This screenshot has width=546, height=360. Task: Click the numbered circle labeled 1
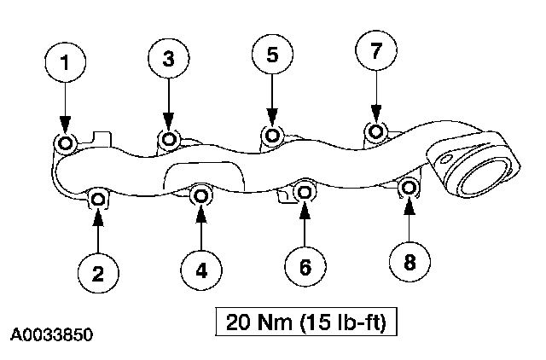[x=65, y=64]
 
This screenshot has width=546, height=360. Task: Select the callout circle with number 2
[x=98, y=273]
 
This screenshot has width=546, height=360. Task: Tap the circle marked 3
[x=168, y=58]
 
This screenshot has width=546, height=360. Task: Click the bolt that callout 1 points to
[x=65, y=142]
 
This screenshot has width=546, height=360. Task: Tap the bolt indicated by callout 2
[x=98, y=200]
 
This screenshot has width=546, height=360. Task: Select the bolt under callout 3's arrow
[x=169, y=138]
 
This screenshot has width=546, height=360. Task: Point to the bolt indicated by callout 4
[x=201, y=196]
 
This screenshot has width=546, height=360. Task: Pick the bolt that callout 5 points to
[x=272, y=135]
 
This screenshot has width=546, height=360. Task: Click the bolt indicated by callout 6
[x=305, y=192]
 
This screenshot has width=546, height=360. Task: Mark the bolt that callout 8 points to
[x=409, y=188]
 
